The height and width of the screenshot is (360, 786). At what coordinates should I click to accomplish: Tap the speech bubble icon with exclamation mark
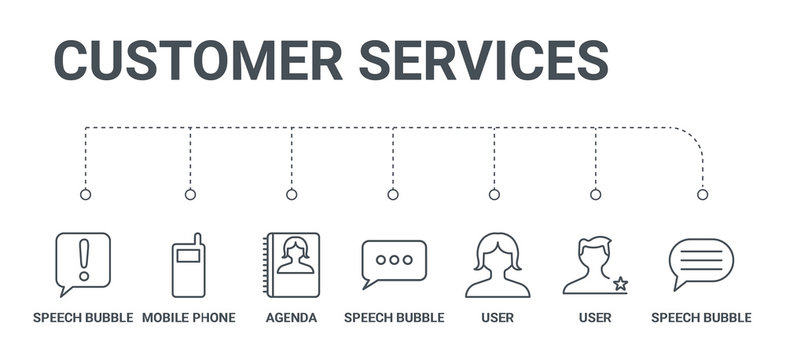pos(83,263)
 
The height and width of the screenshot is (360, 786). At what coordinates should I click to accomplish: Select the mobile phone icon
pos(189,266)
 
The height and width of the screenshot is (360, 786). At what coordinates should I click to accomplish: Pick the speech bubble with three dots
pos(393,263)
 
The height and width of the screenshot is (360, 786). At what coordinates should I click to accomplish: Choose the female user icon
pos(497,265)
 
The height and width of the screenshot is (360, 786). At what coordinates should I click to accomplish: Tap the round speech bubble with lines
pos(701,263)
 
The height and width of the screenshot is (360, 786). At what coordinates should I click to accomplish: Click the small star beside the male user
pos(621,284)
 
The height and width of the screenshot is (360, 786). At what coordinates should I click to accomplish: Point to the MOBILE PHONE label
pos(189,318)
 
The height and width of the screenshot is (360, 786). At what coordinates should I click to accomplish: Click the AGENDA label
pos(291,318)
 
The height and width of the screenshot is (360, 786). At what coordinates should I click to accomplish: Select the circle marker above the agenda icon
pos(291,194)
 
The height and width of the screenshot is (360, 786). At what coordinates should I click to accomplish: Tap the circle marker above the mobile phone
pos(190,194)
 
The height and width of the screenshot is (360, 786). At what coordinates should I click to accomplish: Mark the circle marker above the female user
pos(494,194)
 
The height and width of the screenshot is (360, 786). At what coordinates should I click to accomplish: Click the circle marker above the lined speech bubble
pos(702,194)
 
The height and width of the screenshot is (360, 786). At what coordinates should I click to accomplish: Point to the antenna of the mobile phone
pos(197,240)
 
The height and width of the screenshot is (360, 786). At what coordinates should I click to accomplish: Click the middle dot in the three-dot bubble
pos(393,260)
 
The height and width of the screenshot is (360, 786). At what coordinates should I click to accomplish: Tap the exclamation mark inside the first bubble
pos(84,258)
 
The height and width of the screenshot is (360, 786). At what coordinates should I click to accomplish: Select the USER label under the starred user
pos(595,318)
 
